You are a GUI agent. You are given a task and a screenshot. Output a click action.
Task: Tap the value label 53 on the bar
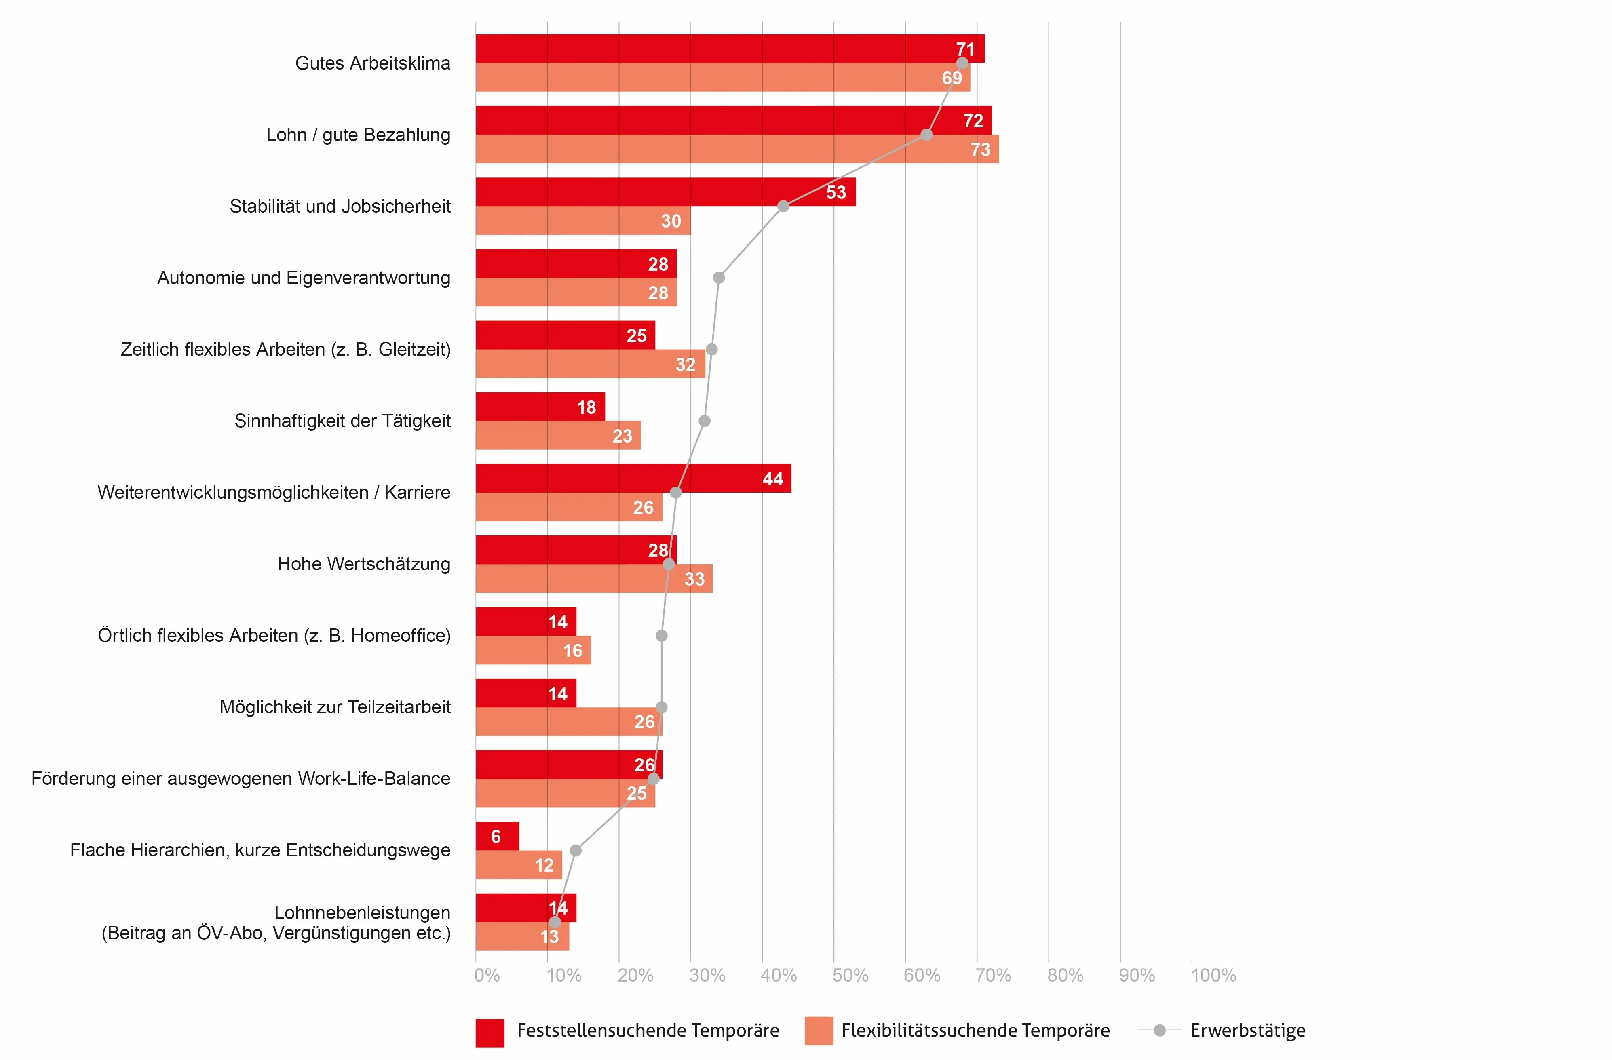tap(836, 192)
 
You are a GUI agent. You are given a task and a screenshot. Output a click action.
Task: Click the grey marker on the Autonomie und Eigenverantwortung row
tap(719, 278)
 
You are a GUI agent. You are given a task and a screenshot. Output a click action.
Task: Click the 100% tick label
tap(1213, 975)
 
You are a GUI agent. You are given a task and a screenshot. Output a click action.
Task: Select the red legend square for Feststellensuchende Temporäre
tap(490, 1032)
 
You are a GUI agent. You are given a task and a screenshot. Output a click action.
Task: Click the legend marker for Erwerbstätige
tap(1160, 1030)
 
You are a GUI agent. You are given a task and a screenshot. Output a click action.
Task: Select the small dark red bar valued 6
tap(497, 836)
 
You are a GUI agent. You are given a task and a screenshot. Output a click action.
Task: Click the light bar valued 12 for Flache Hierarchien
tap(518, 865)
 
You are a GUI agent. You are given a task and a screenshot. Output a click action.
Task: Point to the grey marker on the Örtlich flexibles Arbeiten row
tap(662, 635)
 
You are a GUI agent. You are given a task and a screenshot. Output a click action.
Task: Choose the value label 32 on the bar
tap(685, 365)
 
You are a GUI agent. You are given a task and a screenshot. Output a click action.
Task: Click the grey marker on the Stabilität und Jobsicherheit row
tap(783, 206)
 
